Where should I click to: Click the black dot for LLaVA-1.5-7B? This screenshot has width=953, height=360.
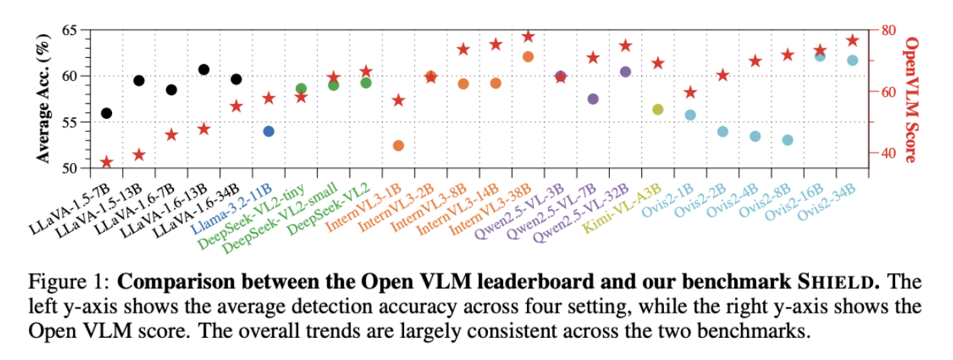(x=107, y=113)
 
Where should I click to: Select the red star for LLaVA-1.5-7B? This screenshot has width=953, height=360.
(x=107, y=162)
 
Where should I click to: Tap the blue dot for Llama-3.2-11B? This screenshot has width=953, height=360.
(x=268, y=131)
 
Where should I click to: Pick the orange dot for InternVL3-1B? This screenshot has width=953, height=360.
(x=398, y=146)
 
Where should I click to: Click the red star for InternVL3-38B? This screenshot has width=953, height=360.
(x=528, y=37)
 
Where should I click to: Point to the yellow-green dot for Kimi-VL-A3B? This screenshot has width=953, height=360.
(x=658, y=110)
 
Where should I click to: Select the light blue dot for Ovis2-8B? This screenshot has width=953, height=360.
(x=788, y=140)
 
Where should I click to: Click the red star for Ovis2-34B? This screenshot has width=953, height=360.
(x=852, y=40)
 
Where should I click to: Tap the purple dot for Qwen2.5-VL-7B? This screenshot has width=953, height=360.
(x=593, y=99)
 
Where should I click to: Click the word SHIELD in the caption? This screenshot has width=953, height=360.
(x=850, y=281)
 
